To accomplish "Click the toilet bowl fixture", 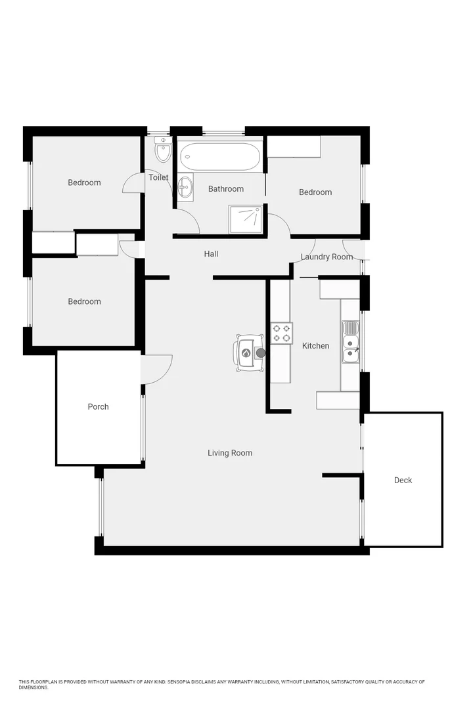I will pyautogui.click(x=162, y=152).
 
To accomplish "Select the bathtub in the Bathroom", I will pyautogui.click(x=221, y=157).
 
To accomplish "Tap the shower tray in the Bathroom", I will pyautogui.click(x=245, y=219).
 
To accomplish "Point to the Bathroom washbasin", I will pyautogui.click(x=185, y=186).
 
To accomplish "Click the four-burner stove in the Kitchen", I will pyautogui.click(x=282, y=333).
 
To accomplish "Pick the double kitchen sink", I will pyautogui.click(x=350, y=342).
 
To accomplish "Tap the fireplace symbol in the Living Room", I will pyautogui.click(x=247, y=353).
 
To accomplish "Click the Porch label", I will pyautogui.click(x=99, y=407).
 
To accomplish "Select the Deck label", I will pyautogui.click(x=403, y=481).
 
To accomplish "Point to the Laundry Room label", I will pyautogui.click(x=327, y=257).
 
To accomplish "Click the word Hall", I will pyautogui.click(x=211, y=254).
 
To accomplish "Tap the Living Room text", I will pyautogui.click(x=230, y=453).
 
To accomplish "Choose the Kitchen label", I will pyautogui.click(x=315, y=346).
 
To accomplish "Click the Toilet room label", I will pyautogui.click(x=158, y=178).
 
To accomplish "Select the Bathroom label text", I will pyautogui.click(x=226, y=189).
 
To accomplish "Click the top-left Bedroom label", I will pyautogui.click(x=85, y=183).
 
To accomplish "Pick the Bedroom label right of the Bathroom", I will pyautogui.click(x=315, y=192).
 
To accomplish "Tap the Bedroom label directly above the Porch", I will pyautogui.click(x=85, y=302).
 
